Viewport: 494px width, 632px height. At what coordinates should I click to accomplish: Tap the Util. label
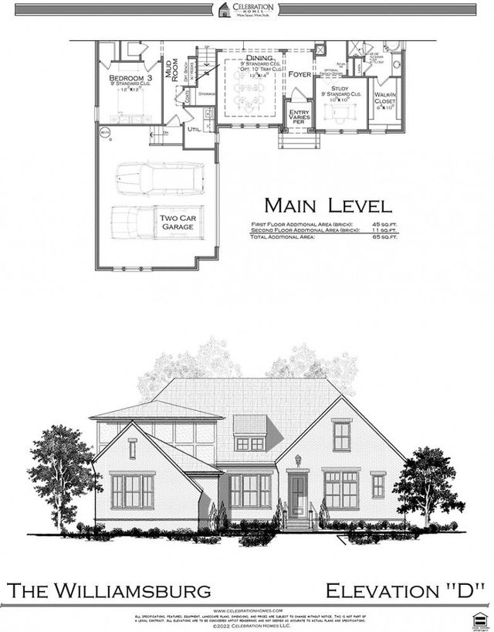193,129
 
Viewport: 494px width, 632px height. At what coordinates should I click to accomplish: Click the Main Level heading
328,206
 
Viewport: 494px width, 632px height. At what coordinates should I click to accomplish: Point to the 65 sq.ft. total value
380,236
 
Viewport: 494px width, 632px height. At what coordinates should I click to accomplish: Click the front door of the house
297,494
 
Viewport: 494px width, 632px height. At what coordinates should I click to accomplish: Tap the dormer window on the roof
249,443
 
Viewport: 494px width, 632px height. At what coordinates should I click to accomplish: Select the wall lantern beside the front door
297,461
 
